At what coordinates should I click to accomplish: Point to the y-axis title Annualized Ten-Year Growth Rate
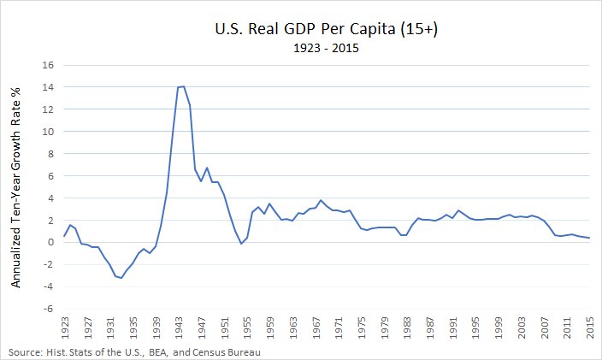[15, 186]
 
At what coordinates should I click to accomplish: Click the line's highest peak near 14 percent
[183, 86]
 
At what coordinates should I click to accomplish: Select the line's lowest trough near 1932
[121, 278]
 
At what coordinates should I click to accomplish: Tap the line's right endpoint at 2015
[589, 238]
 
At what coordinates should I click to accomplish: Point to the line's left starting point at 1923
[64, 236]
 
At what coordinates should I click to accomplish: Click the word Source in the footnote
[25, 351]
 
